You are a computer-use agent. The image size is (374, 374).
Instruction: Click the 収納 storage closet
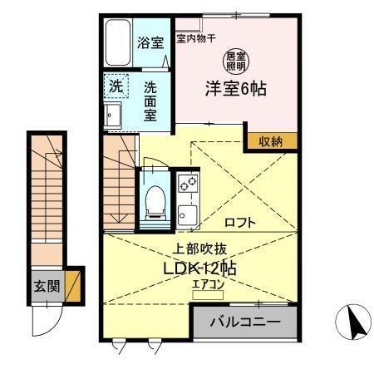270,141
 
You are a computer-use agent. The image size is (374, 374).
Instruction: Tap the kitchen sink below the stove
186,215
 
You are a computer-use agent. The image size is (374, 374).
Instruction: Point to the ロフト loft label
239,222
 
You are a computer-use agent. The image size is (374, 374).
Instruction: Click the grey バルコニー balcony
244,322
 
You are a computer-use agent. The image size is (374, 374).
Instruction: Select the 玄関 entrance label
46,287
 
